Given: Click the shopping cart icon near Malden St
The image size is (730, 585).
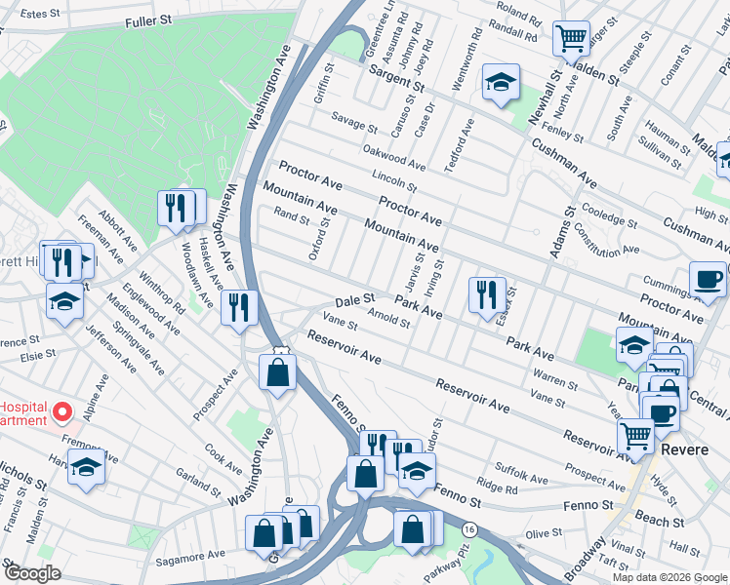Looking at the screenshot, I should [x=571, y=39].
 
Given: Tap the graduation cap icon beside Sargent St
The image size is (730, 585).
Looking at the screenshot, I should [x=501, y=82].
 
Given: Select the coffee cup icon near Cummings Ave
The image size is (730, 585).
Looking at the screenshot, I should [x=708, y=279].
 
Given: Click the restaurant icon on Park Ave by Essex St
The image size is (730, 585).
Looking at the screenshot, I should [x=486, y=294].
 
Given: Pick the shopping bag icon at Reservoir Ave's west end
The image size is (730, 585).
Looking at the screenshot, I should [x=278, y=371].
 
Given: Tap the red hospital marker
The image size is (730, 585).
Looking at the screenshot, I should [x=64, y=413].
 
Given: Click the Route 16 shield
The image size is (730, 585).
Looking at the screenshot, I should [x=469, y=527].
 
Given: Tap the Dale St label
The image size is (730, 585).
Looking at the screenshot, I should [x=355, y=301].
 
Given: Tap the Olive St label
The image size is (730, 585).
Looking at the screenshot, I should [x=538, y=534].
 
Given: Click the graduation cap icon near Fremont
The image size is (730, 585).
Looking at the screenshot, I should [x=86, y=468].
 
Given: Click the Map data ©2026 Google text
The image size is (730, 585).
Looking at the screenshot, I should [x=669, y=577].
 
